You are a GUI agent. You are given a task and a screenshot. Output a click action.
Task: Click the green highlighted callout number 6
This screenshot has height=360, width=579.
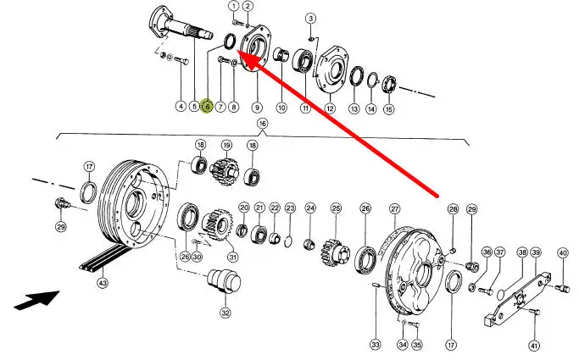[207, 107]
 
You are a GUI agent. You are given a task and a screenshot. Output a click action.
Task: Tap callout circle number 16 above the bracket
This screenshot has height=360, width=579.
[262, 125]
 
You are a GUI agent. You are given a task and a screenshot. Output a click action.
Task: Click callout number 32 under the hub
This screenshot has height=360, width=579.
[225, 313]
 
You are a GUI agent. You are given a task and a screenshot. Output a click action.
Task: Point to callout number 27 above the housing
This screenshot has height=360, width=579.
[394, 208]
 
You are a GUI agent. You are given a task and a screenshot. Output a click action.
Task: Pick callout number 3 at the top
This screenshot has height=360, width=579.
[310, 18]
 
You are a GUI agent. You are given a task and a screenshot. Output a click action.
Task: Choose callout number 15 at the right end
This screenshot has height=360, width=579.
[388, 108]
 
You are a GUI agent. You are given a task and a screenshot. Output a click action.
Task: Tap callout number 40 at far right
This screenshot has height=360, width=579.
[562, 252]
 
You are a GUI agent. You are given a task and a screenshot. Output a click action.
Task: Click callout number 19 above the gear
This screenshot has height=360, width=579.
[226, 146]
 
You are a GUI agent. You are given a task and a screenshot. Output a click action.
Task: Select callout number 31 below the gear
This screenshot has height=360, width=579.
[232, 258]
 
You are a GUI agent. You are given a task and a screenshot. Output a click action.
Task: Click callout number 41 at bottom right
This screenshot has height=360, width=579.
[534, 345]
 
